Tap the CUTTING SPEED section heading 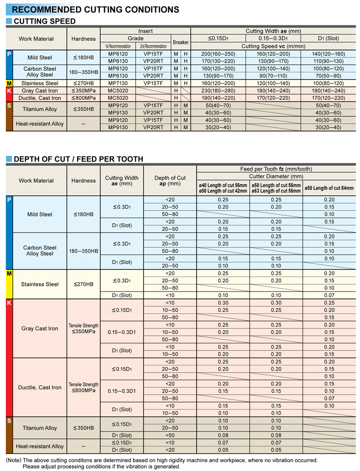click(45, 21)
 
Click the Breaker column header click(180, 42)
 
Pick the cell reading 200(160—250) click(218, 54)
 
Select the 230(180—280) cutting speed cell click(218, 90)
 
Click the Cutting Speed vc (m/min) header click(273, 46)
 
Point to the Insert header click(145, 31)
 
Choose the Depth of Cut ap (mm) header click(170, 181)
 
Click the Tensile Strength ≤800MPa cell click(83, 387)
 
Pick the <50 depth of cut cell click(170, 435)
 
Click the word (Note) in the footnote click(13, 460)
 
